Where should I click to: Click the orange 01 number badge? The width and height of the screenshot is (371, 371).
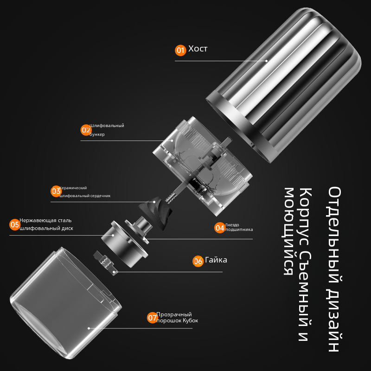180,50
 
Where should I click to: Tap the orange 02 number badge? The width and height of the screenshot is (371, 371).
86,130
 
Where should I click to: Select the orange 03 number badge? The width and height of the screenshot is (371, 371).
56,191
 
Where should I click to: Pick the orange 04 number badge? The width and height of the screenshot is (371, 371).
220,228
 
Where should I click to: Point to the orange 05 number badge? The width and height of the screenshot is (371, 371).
15,224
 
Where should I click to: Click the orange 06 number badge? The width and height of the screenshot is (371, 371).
198,261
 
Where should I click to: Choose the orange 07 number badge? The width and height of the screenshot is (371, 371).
153,318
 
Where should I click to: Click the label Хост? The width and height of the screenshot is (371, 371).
198,49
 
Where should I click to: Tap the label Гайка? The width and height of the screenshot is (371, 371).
216,260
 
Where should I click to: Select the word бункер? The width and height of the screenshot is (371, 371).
97,134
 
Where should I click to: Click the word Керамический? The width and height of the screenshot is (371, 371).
73,188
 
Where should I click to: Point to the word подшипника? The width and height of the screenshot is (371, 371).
239,230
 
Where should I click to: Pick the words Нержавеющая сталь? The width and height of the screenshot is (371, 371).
45,220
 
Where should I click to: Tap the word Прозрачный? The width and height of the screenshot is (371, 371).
174,314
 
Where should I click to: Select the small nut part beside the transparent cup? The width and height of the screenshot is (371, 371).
106,262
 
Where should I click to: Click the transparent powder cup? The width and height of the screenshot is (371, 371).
65,303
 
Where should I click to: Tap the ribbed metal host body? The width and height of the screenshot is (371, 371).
284,85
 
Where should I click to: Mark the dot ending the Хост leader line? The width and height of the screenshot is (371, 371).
266,61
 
